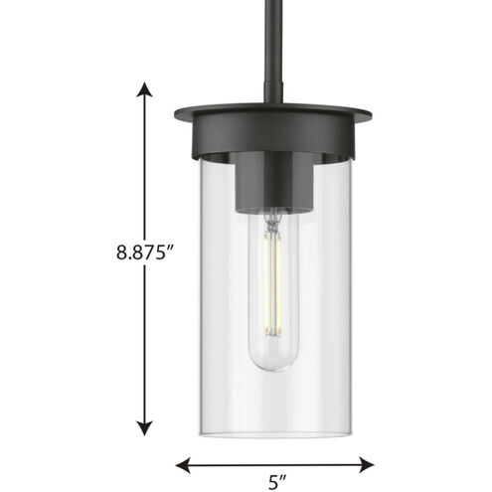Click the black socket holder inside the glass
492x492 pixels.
coord(270,184)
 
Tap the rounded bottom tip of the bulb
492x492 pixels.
coord(270,368)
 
